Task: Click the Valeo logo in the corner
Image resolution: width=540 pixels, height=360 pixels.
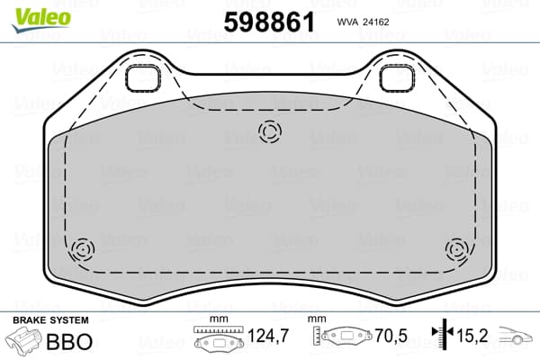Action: [41, 20]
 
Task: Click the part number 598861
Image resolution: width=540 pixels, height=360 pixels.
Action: [269, 22]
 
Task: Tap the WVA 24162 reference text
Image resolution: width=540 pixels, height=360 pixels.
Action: [363, 22]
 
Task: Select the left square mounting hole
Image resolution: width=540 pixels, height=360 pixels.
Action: [142, 79]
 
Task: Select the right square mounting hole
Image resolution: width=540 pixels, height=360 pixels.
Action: [396, 79]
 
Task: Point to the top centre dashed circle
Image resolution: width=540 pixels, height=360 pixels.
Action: [270, 131]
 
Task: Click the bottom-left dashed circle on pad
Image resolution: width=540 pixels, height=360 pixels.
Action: [83, 249]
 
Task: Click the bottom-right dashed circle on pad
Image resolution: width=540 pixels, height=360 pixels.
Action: [457, 249]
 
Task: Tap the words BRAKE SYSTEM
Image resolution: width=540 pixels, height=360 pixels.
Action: [50, 320]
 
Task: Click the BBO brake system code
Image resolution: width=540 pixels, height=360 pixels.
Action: [69, 342]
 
